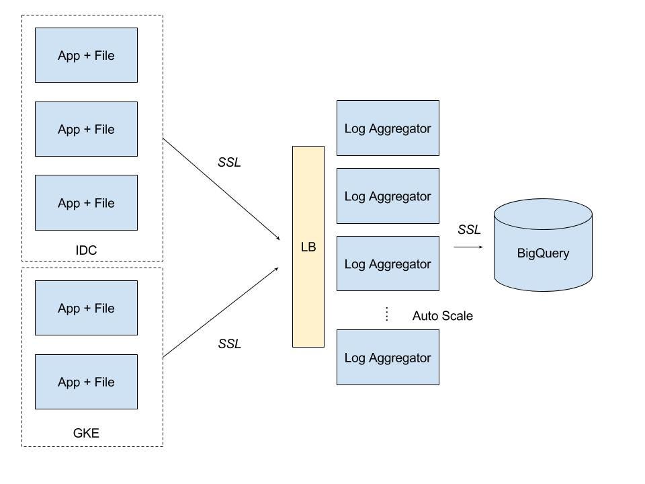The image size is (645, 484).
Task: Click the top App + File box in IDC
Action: (86, 55)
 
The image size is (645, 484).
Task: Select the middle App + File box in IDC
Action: (86, 129)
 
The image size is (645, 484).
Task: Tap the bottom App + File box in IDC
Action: (86, 203)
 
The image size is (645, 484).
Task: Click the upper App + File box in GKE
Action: (86, 308)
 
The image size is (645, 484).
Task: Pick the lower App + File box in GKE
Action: (86, 382)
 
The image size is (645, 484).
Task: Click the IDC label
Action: (86, 251)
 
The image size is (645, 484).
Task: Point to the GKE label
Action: (86, 433)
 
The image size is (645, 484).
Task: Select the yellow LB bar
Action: (308, 247)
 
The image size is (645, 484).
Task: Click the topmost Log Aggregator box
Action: (388, 128)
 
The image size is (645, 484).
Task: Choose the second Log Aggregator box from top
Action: (388, 196)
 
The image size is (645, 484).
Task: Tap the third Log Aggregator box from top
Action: (388, 264)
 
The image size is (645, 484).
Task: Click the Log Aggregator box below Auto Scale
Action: (388, 358)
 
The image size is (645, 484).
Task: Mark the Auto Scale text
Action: (442, 316)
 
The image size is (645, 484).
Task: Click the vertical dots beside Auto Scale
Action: (387, 314)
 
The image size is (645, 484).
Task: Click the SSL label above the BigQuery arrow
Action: (469, 230)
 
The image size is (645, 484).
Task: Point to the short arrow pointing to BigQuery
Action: (468, 247)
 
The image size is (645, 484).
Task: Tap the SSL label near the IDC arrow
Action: (229, 163)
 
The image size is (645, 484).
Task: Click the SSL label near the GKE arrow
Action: (229, 344)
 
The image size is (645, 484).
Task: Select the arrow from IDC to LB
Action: (221, 190)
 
